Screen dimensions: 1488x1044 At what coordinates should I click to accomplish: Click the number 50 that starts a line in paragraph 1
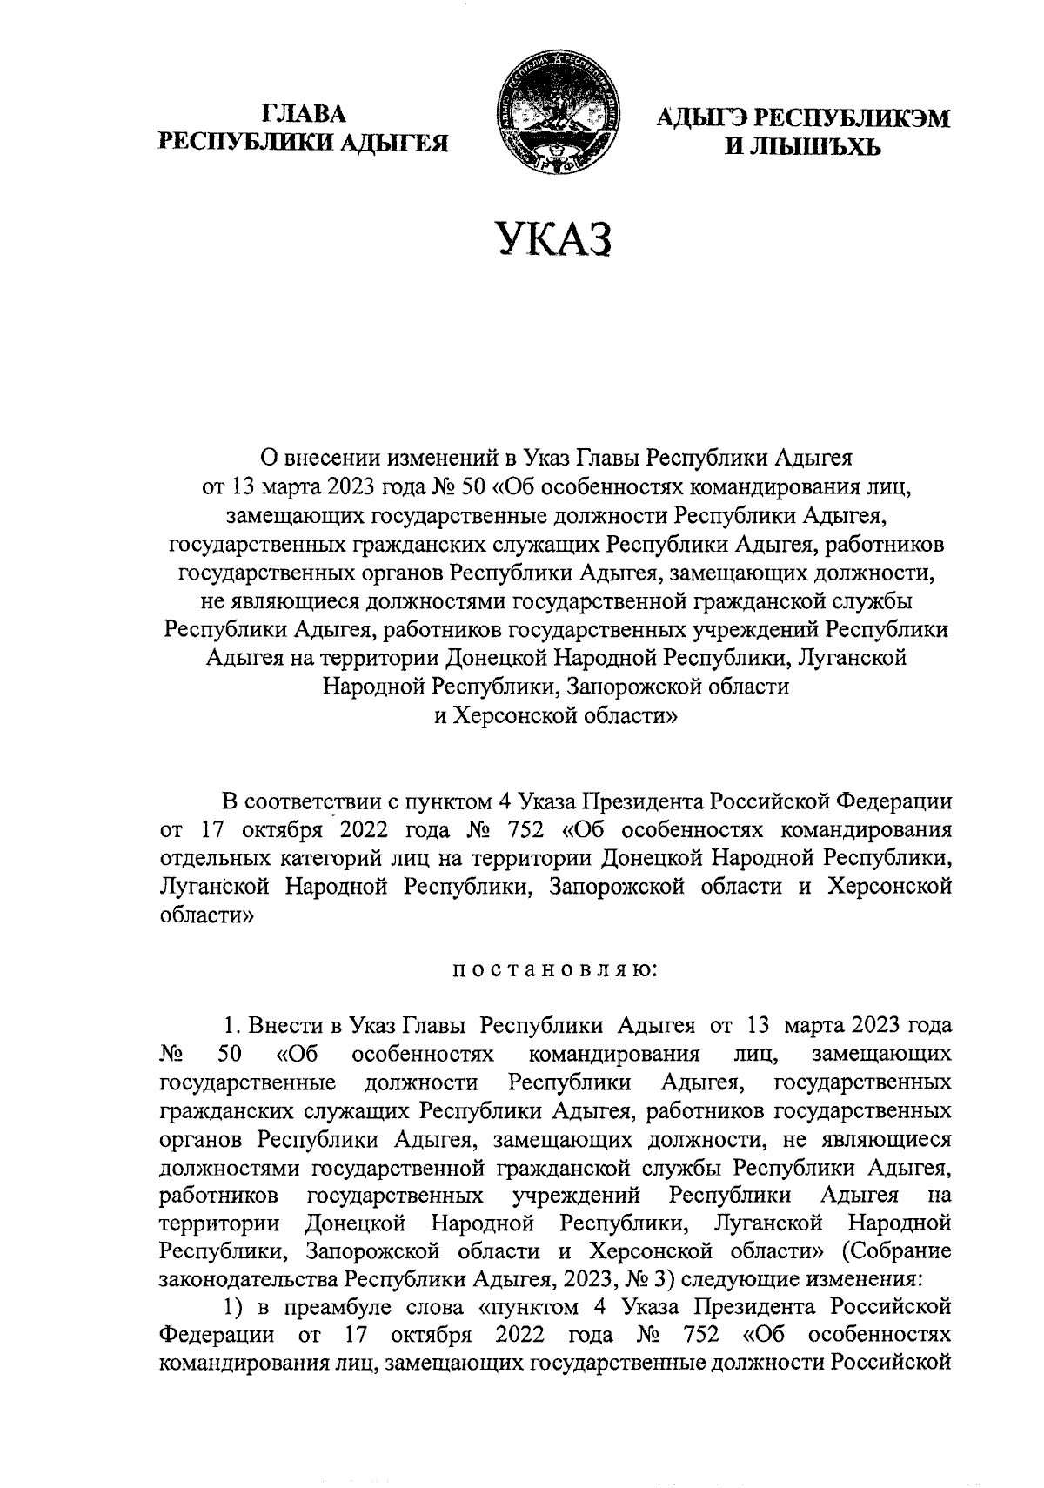pos(229,1055)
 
